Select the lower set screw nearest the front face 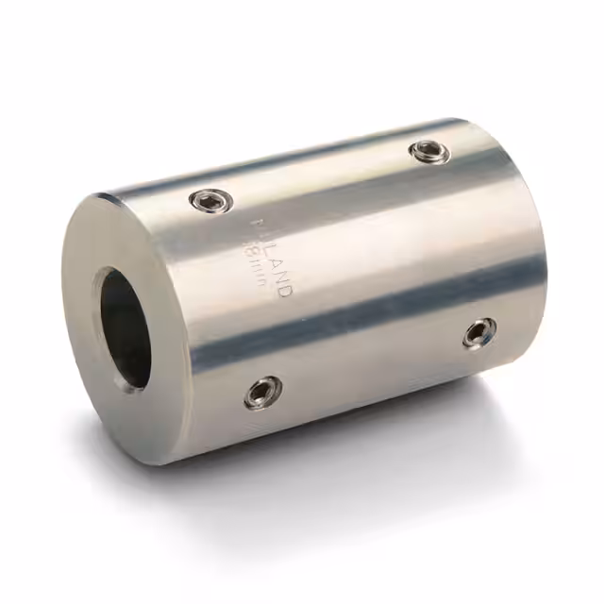click(262, 392)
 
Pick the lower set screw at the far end click(480, 331)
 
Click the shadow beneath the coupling click(377, 444)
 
